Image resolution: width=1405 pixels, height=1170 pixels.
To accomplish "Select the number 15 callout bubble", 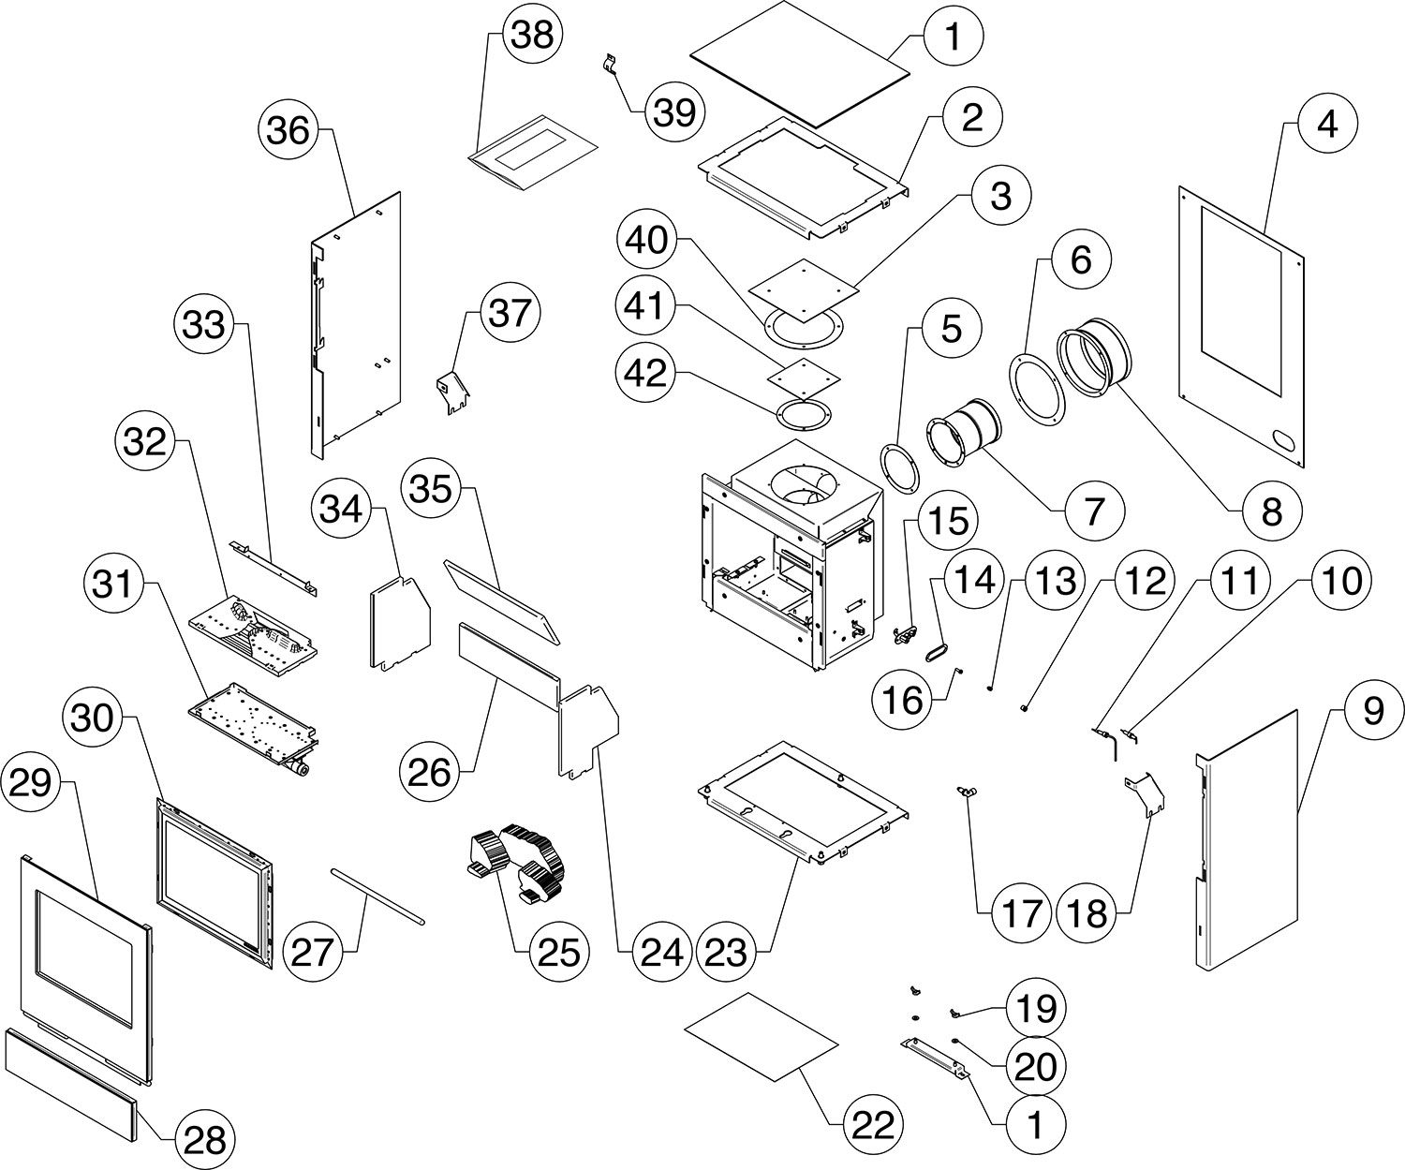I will click(948, 521).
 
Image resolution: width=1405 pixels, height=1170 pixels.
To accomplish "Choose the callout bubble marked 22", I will click(870, 1121).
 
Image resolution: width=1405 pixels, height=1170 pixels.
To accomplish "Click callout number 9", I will click(1372, 712).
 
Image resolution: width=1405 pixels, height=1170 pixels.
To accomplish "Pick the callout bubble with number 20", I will click(1035, 1065).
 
